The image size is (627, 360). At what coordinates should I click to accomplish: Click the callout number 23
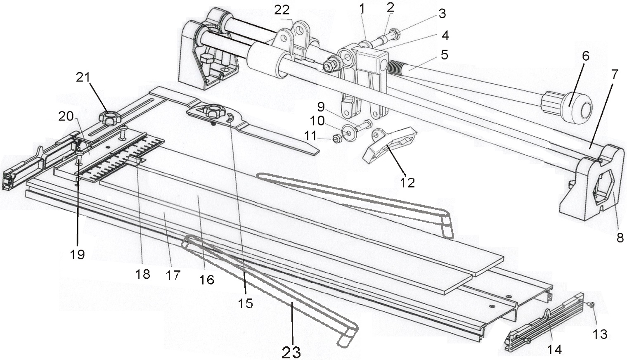pos(291,352)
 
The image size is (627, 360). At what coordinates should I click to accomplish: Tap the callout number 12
pos(407,182)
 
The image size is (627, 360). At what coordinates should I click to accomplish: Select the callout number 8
pos(620,238)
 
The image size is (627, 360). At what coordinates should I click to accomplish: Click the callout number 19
pos(77,254)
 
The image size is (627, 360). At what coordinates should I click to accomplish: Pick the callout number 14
pos(554,349)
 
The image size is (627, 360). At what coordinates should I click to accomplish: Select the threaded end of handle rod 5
pos(395,67)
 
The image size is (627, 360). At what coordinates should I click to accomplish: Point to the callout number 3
pos(442,14)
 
